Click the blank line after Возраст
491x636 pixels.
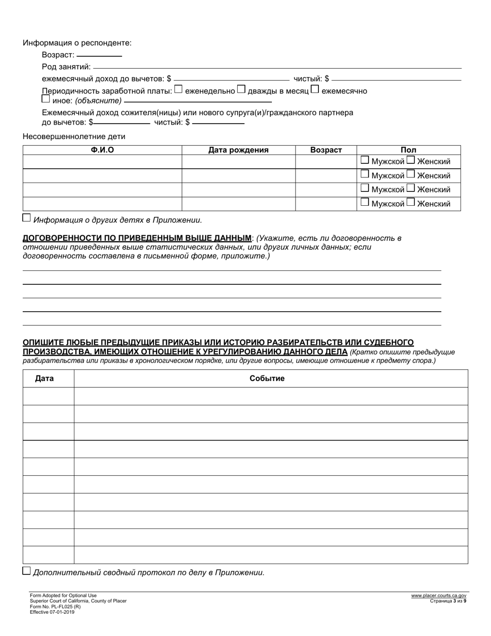(x=99, y=54)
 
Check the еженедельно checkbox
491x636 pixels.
(x=178, y=89)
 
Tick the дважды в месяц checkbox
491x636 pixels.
(x=241, y=89)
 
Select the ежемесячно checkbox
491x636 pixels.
(x=315, y=89)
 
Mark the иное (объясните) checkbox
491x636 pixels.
(x=46, y=99)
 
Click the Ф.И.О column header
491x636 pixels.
(x=102, y=150)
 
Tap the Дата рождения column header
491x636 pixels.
(x=238, y=150)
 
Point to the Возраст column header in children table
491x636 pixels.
(x=326, y=150)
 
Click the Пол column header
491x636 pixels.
(x=408, y=150)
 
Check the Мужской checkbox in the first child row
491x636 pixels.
(x=365, y=160)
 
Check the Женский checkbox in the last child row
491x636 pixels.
(x=411, y=202)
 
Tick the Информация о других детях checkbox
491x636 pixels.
(x=27, y=218)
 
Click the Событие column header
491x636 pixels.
(x=267, y=378)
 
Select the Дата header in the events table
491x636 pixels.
(x=44, y=378)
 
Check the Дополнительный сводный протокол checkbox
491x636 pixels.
(x=27, y=571)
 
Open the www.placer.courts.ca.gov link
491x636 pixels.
(x=439, y=596)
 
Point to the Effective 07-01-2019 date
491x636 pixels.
(x=52, y=612)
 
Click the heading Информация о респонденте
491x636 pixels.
(x=77, y=43)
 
